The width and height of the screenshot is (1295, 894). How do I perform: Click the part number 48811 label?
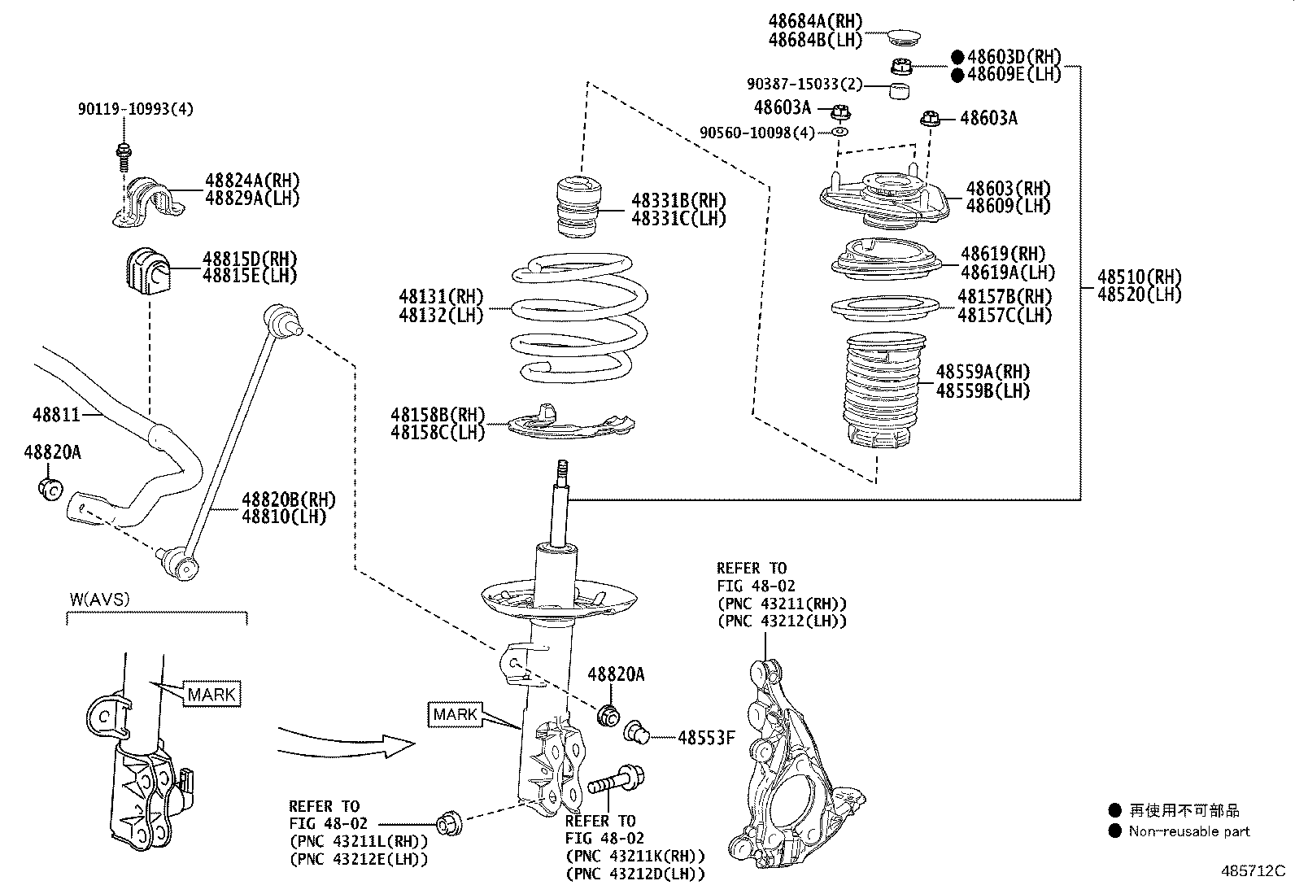click(x=56, y=415)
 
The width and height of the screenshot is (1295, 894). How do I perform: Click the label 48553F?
click(x=706, y=738)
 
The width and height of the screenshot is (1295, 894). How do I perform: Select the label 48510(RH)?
click(x=1139, y=277)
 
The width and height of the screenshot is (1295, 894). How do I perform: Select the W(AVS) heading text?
click(x=99, y=600)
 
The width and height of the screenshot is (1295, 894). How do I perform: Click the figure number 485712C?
click(x=1252, y=871)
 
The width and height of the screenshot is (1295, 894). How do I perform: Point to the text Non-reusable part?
click(x=1188, y=831)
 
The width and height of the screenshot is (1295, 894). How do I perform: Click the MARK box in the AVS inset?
click(x=211, y=694)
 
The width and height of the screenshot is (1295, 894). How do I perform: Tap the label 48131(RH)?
click(x=441, y=296)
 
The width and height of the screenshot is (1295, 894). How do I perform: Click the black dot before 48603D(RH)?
click(x=957, y=57)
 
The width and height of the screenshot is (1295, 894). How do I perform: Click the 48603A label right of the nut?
click(x=988, y=119)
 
